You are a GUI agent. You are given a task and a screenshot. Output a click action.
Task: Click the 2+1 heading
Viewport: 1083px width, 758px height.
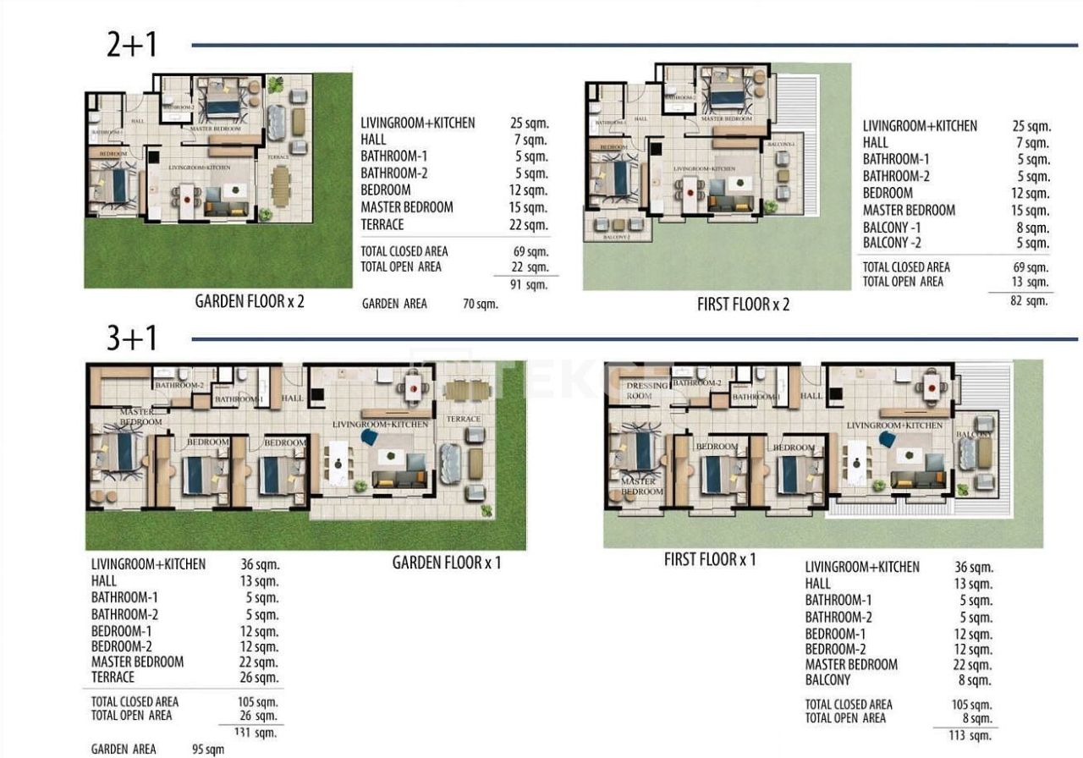132,45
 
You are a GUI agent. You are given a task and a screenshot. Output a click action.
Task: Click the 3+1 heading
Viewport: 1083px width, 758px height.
132,338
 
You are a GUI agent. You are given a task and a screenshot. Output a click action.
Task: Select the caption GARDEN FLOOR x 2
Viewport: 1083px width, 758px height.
250,302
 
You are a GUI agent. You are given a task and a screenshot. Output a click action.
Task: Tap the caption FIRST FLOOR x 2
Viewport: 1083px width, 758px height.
743,305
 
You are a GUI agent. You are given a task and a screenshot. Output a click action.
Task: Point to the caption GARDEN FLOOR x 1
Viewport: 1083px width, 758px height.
446,563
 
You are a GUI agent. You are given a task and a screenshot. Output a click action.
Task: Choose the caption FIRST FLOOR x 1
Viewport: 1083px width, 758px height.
710,559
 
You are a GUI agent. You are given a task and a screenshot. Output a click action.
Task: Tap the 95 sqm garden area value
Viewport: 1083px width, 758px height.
208,750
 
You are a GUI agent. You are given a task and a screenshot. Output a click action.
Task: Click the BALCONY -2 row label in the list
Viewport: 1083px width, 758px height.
892,244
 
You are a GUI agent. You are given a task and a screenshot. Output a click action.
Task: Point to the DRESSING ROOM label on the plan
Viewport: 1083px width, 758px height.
647,391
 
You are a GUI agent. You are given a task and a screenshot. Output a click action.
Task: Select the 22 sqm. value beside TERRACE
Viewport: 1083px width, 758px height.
529,225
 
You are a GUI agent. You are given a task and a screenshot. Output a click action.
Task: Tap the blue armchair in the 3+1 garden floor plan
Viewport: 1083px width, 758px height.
369,437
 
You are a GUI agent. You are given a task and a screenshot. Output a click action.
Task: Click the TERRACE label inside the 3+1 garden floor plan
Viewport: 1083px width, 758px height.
464,419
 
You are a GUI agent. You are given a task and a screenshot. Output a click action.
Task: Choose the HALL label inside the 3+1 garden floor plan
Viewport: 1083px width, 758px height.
292,398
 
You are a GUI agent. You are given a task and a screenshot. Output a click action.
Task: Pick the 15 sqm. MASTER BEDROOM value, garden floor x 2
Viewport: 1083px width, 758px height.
529,207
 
